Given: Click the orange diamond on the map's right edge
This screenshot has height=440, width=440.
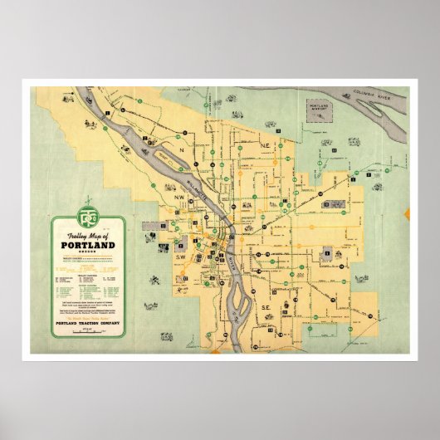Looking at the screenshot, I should pyautogui.click(x=407, y=215).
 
